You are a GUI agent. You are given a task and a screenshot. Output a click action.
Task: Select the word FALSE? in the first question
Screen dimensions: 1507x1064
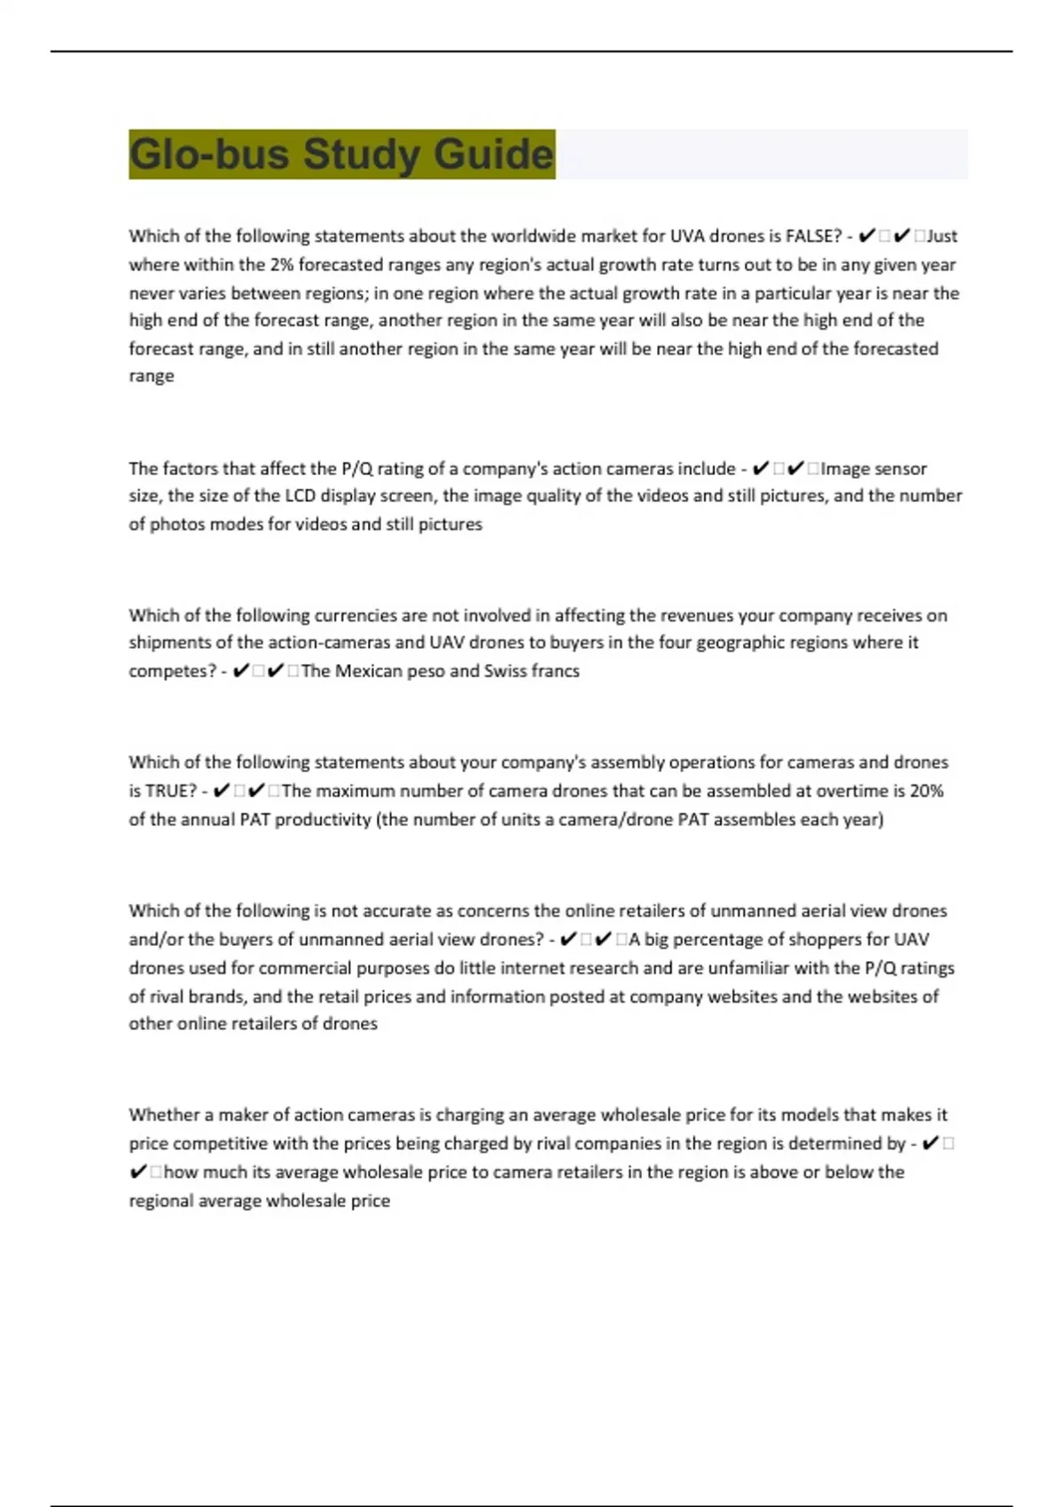(813, 236)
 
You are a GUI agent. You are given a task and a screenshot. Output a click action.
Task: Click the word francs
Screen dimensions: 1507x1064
(555, 671)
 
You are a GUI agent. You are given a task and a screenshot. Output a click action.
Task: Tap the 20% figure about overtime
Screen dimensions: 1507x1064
(926, 791)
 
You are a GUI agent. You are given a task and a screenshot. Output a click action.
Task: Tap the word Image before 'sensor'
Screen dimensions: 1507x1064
(845, 468)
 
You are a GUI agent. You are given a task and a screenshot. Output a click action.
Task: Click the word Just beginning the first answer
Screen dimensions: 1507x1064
(942, 236)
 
